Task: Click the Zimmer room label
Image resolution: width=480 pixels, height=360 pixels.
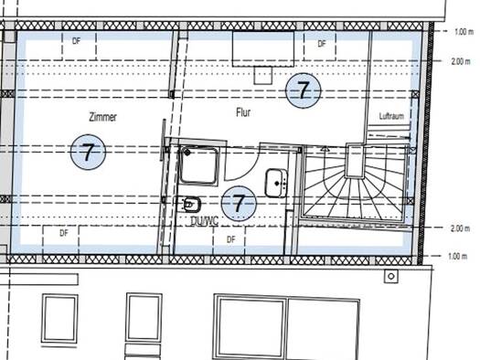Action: pos(102,117)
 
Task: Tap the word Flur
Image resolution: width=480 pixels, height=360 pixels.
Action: pos(243,112)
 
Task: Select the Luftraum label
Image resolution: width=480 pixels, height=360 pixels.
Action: pos(391,116)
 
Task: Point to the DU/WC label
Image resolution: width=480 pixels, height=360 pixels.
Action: pos(204,221)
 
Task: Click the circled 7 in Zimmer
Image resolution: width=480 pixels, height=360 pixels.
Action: pos(88,152)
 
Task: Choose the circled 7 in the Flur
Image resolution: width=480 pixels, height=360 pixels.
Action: pos(304,90)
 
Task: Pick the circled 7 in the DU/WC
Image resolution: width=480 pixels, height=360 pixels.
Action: pos(239,204)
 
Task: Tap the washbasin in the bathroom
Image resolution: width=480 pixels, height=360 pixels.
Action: pos(276,184)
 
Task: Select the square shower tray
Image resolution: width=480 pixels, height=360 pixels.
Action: pos(199,165)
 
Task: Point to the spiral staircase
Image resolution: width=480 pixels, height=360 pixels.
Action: pos(355,182)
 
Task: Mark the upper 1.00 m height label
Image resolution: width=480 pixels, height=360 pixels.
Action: pos(464,31)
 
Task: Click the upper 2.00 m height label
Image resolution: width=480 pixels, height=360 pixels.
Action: pos(461,61)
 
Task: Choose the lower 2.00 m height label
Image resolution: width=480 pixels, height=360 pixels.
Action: pos(460,228)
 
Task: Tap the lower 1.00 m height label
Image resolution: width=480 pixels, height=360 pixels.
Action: pos(458,256)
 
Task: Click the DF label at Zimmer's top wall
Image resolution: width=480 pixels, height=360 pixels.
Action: pos(77,41)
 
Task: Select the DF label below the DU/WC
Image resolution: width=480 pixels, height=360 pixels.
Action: pos(231,239)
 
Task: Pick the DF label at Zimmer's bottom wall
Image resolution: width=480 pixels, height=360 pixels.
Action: pos(64,233)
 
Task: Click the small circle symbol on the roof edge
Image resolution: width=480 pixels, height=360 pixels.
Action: pos(391,277)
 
